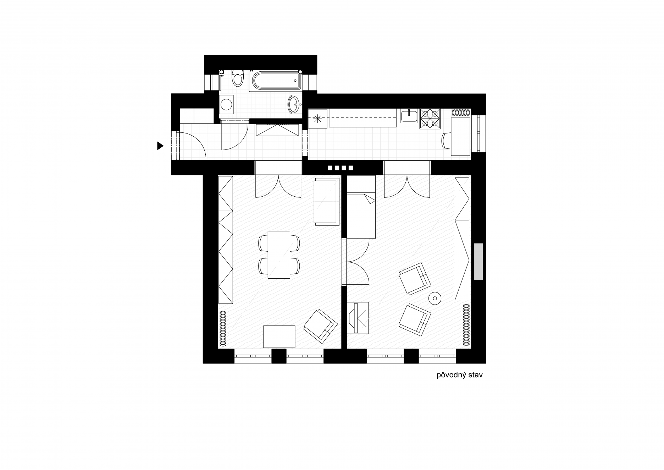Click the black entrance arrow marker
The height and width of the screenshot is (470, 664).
coord(160,146)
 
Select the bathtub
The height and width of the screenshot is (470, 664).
coord(276,81)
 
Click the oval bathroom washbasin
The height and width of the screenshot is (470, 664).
coord(294,104)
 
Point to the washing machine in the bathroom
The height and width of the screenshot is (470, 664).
coord(226,104)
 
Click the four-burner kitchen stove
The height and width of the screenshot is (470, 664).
coord(430,119)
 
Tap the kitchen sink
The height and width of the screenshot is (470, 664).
coord(409,116)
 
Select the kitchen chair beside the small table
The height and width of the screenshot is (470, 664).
coord(446,141)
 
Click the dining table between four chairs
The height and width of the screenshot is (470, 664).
coord(279,255)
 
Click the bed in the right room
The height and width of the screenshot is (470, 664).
coord(361,207)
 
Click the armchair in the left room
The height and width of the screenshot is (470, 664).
coord(320,326)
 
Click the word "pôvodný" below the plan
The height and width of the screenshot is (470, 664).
coord(451,376)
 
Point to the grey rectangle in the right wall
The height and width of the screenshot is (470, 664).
coord(478,262)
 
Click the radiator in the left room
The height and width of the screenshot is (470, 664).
coord(223,328)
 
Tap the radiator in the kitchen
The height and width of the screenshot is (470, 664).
coord(461,113)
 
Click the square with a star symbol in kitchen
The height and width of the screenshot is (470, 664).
coord(317,118)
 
